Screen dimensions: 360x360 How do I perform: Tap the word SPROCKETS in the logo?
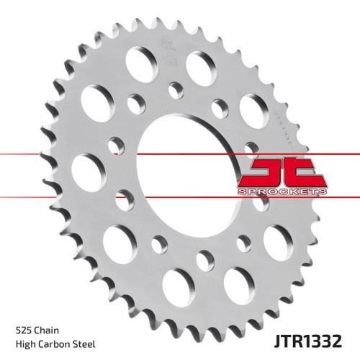pyautogui.click(x=283, y=192)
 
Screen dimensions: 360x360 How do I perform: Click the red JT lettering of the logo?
pyautogui.click(x=283, y=173)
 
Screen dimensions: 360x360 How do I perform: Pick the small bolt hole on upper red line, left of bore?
pyautogui.click(x=115, y=147)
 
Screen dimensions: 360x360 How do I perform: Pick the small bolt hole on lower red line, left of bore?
pyautogui.click(x=124, y=197)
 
